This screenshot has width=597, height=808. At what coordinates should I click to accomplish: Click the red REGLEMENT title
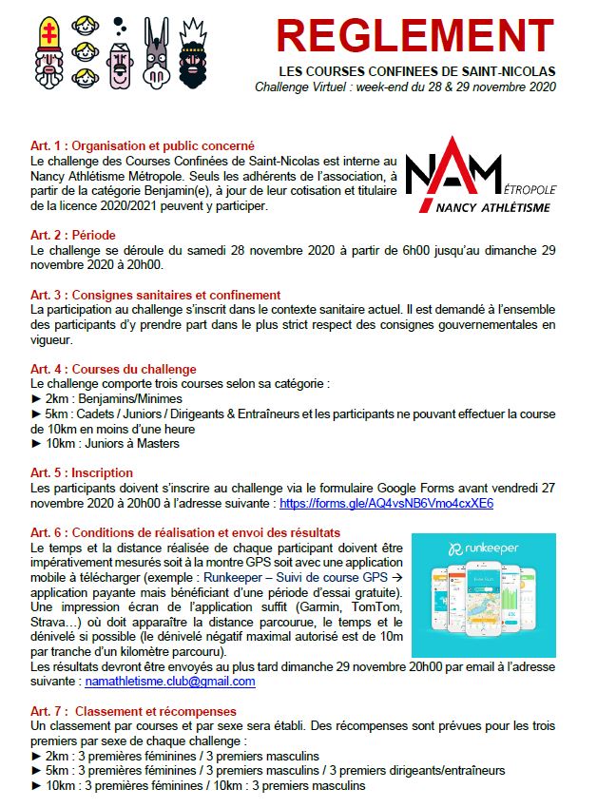point(416,36)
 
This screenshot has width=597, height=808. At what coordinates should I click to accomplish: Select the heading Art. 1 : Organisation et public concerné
point(143,145)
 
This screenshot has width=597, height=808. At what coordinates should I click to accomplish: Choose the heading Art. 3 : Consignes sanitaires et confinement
point(156,296)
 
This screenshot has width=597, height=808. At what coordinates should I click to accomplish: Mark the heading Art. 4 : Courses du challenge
point(114,369)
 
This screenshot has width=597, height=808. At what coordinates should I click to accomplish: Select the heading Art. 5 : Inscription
point(82,472)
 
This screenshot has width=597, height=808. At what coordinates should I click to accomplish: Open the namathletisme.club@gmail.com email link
point(170,682)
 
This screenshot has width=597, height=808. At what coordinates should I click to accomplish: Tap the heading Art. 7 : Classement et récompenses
point(133,711)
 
